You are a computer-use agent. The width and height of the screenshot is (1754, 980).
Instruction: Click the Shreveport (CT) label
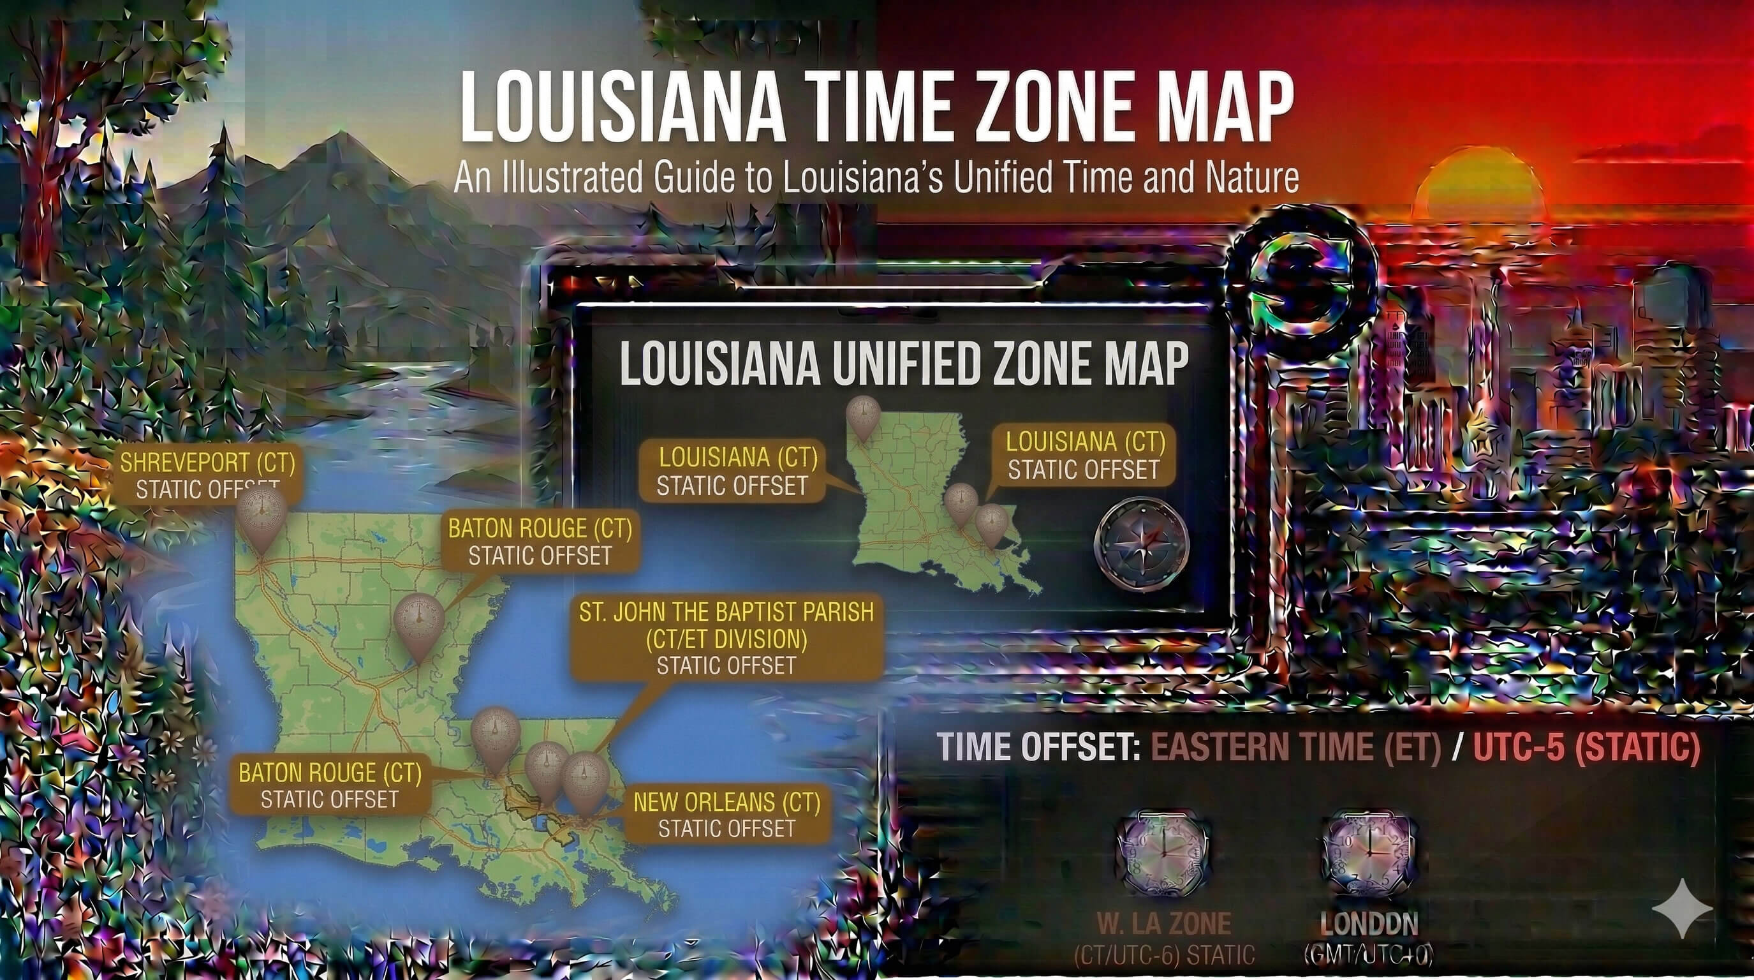point(207,475)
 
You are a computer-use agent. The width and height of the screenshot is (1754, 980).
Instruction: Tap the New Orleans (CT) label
point(726,815)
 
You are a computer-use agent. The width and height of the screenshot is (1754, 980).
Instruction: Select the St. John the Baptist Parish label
point(726,638)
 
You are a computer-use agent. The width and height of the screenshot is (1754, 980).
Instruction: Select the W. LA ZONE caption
point(1163,924)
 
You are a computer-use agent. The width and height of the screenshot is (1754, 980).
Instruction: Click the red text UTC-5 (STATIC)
point(1586,747)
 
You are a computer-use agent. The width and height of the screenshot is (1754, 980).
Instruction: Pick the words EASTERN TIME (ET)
point(1296,747)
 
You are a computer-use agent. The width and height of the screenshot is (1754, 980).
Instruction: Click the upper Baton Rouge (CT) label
point(540,542)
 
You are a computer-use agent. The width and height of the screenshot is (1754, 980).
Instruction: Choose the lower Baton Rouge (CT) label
point(330,785)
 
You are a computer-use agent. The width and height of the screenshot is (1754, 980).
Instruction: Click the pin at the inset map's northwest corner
point(864,417)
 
